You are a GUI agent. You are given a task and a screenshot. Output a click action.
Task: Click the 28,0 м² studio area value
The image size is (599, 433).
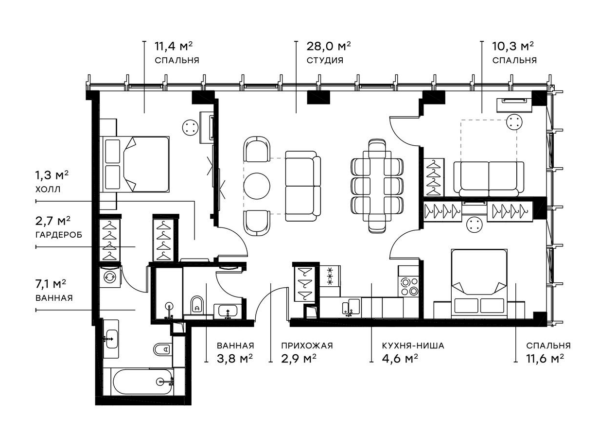(328, 47)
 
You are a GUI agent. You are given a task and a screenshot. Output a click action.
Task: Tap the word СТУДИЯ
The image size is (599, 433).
(325, 61)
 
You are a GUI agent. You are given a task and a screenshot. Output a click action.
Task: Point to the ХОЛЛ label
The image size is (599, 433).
(49, 190)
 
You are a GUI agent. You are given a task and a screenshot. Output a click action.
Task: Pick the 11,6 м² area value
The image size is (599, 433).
(545, 359)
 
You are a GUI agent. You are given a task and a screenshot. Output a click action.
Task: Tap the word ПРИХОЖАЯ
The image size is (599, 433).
(307, 346)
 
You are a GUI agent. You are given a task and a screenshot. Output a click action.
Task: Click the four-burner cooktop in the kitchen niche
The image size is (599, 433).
(408, 286)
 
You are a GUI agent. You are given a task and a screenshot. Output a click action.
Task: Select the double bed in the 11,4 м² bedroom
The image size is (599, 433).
(135, 164)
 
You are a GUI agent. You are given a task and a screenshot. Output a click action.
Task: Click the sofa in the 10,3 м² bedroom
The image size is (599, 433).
(488, 178)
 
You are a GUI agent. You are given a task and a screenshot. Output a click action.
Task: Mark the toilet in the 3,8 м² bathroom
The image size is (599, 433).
(197, 305)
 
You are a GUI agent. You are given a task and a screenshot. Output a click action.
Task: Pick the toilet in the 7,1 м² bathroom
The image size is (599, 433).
(162, 349)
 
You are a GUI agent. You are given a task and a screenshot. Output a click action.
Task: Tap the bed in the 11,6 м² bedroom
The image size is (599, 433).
(479, 284)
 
